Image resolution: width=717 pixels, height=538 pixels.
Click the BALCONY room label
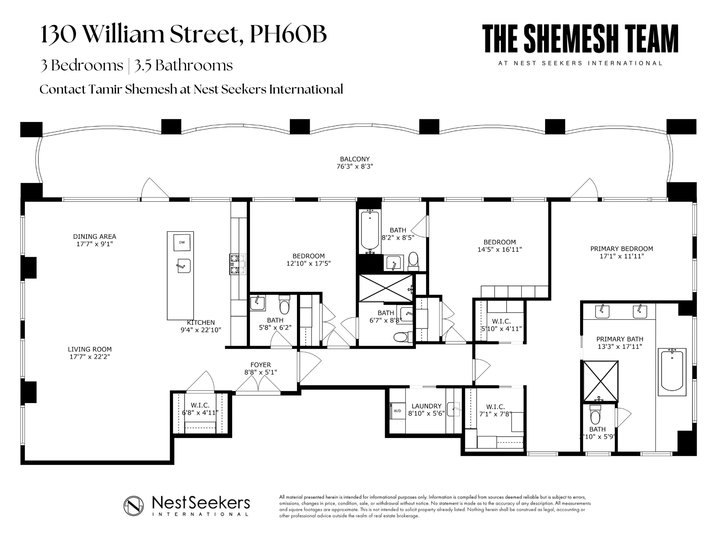click(x=355, y=159)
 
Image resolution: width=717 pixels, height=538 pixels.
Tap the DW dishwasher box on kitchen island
click(x=182, y=242)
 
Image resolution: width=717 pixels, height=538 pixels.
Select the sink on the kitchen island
click(x=183, y=266)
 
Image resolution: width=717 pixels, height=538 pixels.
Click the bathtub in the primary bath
click(x=671, y=372)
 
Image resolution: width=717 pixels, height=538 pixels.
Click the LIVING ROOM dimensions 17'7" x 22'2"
click(x=90, y=357)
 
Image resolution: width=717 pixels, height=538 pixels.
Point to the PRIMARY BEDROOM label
click(x=621, y=249)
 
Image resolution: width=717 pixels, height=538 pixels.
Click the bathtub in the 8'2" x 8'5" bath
click(x=370, y=231)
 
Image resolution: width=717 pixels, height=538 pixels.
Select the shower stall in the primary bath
click(x=600, y=381)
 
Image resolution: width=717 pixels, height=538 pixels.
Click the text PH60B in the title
click(x=288, y=34)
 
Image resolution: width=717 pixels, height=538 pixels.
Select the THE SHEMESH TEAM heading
click(x=580, y=39)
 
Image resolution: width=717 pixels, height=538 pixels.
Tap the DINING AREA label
click(x=95, y=237)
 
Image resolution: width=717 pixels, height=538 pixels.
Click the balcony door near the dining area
click(x=154, y=191)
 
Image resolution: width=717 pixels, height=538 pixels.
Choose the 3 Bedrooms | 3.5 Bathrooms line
click(x=136, y=65)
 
